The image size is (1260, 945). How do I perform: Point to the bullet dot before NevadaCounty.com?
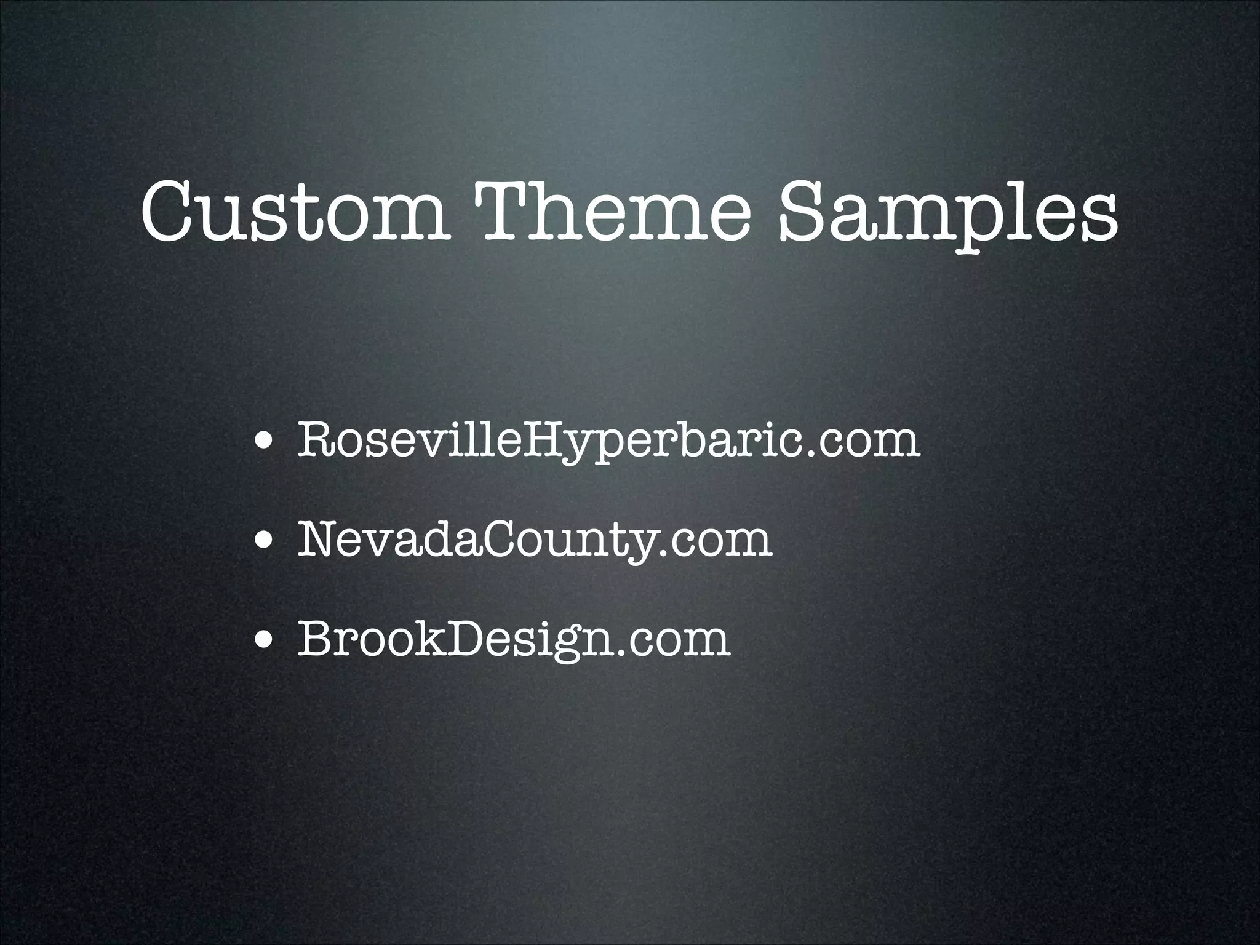(265, 541)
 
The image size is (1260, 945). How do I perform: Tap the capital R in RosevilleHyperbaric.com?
(316, 438)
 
